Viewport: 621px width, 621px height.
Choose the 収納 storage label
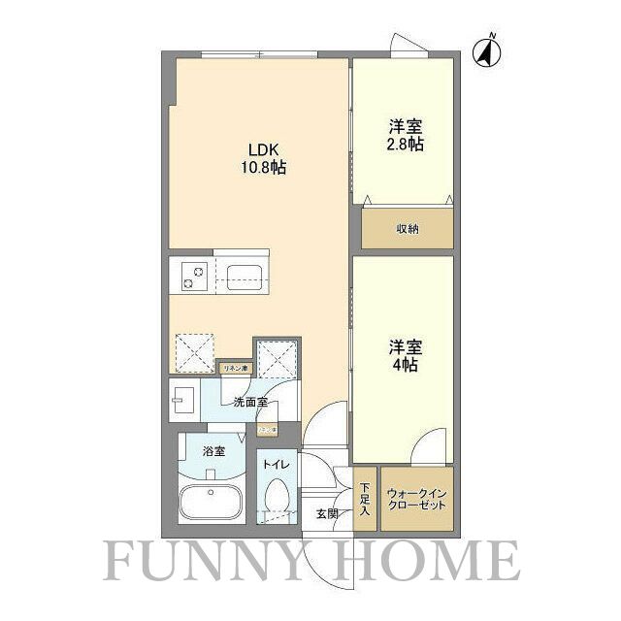(x=407, y=230)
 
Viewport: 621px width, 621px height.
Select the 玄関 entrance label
(x=325, y=513)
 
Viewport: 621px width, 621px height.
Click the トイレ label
(x=275, y=465)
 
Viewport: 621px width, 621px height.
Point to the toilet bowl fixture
(x=277, y=495)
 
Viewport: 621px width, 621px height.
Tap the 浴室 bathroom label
(x=213, y=451)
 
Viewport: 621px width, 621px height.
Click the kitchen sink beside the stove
(x=243, y=276)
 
